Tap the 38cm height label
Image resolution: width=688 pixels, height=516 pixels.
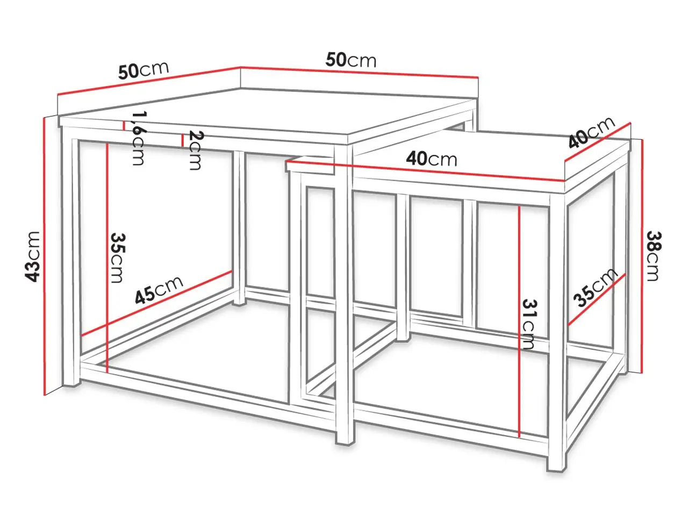tap(654, 256)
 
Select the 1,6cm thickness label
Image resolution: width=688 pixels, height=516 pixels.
tap(138, 138)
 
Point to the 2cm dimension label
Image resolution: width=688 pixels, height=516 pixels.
tap(196, 150)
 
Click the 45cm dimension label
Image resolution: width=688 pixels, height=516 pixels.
tap(159, 290)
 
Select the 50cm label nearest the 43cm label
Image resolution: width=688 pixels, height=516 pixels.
tap(144, 70)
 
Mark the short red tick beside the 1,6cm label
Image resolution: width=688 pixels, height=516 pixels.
tap(124, 126)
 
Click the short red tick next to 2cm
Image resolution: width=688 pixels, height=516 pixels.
tap(182, 140)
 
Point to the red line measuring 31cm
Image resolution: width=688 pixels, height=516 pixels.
tap(519, 321)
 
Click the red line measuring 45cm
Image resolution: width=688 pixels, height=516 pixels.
tap(156, 303)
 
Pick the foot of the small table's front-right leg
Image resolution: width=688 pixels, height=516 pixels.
tap(557, 470)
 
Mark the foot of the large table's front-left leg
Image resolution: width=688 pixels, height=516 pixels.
tap(71, 386)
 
